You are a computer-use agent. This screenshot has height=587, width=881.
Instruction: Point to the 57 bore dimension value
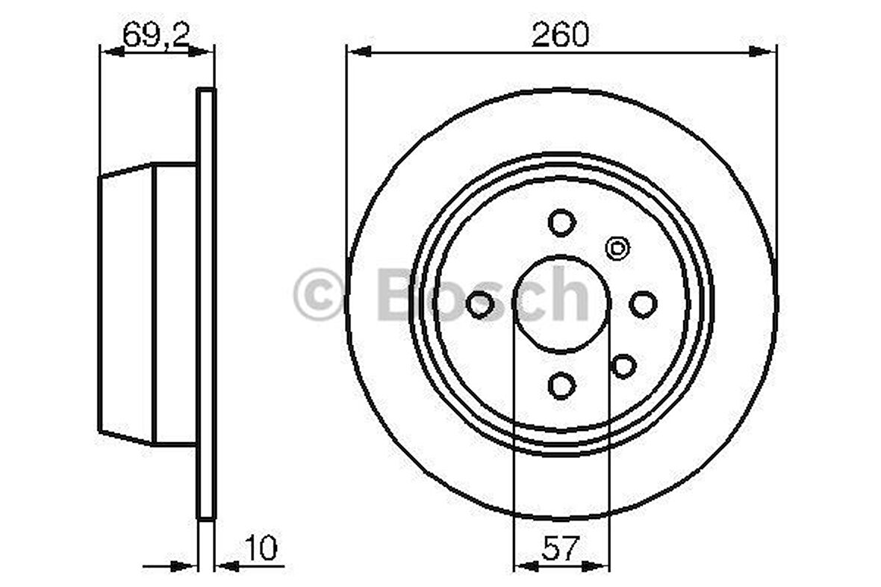(x=561, y=549)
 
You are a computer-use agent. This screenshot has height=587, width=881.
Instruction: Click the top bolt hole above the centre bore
(x=561, y=222)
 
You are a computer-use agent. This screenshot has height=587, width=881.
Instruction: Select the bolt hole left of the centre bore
(x=480, y=304)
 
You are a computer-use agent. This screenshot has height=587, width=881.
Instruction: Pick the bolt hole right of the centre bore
(x=643, y=304)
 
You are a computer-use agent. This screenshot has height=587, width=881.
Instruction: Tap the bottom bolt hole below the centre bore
(x=561, y=385)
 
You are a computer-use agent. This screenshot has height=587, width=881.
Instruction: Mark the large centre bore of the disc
(x=561, y=304)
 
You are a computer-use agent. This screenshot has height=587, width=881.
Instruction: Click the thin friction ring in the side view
(x=206, y=304)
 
